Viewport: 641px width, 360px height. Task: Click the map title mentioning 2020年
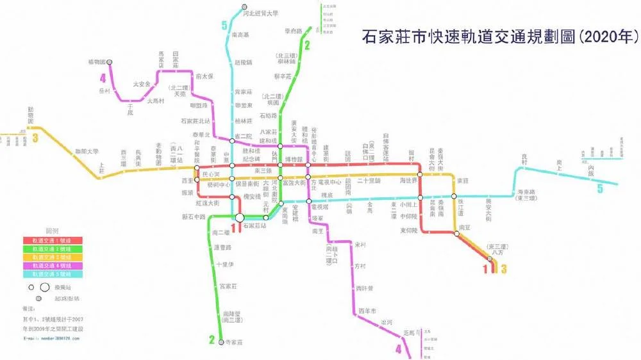(496, 36)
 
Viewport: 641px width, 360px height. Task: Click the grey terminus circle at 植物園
(110, 62)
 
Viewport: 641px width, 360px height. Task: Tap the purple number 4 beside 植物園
(102, 79)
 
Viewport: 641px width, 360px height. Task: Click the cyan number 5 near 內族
(600, 189)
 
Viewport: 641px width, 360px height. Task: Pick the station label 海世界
(409, 181)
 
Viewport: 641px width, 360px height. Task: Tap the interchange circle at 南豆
(456, 234)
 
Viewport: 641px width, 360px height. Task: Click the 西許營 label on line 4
(365, 289)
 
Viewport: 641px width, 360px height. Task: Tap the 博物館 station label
(293, 159)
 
